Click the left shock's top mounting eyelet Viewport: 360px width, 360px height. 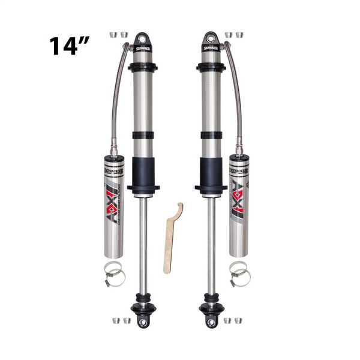[x=142, y=39]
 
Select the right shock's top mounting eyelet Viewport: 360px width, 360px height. [x=210, y=39]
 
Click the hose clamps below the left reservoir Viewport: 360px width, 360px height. [x=113, y=274]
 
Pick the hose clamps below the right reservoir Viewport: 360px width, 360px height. [x=239, y=274]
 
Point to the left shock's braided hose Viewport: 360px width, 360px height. [x=118, y=96]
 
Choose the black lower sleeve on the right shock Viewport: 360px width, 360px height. [x=210, y=172]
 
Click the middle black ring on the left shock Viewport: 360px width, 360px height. [x=142, y=135]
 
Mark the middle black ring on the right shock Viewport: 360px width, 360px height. [x=210, y=135]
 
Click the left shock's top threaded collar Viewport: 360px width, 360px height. [x=142, y=66]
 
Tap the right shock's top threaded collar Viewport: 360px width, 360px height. [x=210, y=66]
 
